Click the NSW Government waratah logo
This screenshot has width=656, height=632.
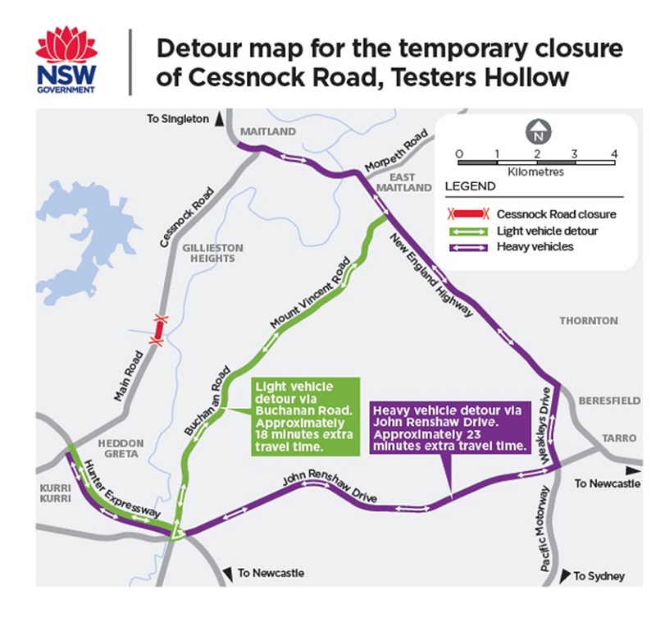point(66,59)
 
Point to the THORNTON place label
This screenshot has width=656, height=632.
point(588,320)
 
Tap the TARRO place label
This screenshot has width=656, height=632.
point(618,438)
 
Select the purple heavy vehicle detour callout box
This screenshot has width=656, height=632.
point(447,425)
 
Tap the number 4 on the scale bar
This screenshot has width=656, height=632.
point(613,153)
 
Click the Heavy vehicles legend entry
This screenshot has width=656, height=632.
point(536,246)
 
